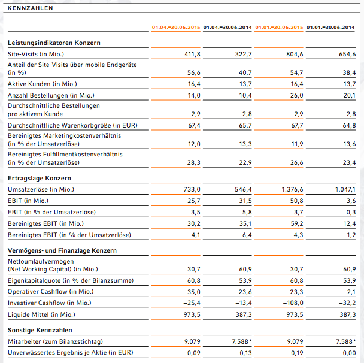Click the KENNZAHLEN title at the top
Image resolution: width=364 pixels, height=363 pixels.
click(31, 8)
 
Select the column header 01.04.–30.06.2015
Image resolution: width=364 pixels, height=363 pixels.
click(176, 27)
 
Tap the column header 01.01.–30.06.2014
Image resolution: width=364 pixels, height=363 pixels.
click(330, 27)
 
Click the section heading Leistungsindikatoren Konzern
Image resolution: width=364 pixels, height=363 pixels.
click(54, 43)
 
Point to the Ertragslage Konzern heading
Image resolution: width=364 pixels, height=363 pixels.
click(40, 178)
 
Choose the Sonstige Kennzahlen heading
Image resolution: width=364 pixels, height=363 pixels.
click(40, 330)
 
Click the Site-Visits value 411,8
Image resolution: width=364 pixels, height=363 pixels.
click(192, 54)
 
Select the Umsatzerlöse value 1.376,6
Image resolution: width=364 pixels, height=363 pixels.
click(292, 189)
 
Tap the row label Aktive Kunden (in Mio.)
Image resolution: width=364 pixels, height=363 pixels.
click(43, 84)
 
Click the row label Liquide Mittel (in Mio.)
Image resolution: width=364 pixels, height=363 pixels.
click(41, 314)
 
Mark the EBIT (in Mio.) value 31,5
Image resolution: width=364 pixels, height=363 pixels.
click(245, 201)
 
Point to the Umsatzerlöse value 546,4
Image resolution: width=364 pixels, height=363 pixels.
click(243, 189)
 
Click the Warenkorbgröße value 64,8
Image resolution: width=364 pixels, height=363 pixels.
click(349, 125)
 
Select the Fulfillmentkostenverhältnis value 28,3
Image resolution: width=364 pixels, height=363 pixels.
click(193, 162)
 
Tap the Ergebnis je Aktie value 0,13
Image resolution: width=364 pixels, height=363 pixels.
click(245, 353)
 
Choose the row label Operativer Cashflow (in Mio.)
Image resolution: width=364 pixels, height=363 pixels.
click(51, 292)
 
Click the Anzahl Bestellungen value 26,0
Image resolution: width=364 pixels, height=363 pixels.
click(297, 95)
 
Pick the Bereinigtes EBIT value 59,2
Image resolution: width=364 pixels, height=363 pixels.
click(297, 223)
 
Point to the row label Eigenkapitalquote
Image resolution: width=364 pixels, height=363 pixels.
click(71, 280)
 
